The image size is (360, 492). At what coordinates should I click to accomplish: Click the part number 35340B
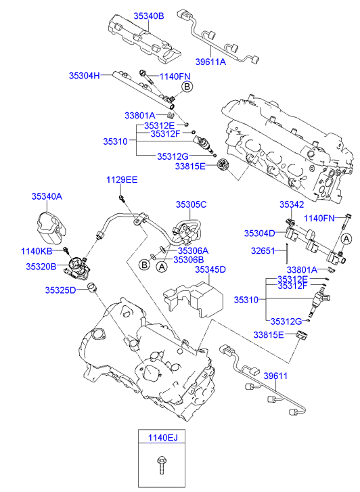pyautogui.click(x=149, y=16)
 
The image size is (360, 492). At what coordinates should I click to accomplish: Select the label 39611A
pyautogui.click(x=210, y=62)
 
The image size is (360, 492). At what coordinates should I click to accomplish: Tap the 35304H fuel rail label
pyautogui.click(x=84, y=76)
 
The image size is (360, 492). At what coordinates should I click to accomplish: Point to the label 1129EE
pyautogui.click(x=122, y=180)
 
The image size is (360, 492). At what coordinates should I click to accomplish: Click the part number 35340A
pyautogui.click(x=47, y=196)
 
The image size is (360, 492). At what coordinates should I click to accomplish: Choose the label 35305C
pyautogui.click(x=191, y=204)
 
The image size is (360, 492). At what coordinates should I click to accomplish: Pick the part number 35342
pyautogui.click(x=292, y=204)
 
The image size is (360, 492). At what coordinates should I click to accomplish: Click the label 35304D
pyautogui.click(x=260, y=233)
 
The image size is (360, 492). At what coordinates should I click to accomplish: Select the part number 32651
pyautogui.click(x=263, y=250)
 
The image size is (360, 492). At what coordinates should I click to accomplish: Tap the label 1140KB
pyautogui.click(x=37, y=251)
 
